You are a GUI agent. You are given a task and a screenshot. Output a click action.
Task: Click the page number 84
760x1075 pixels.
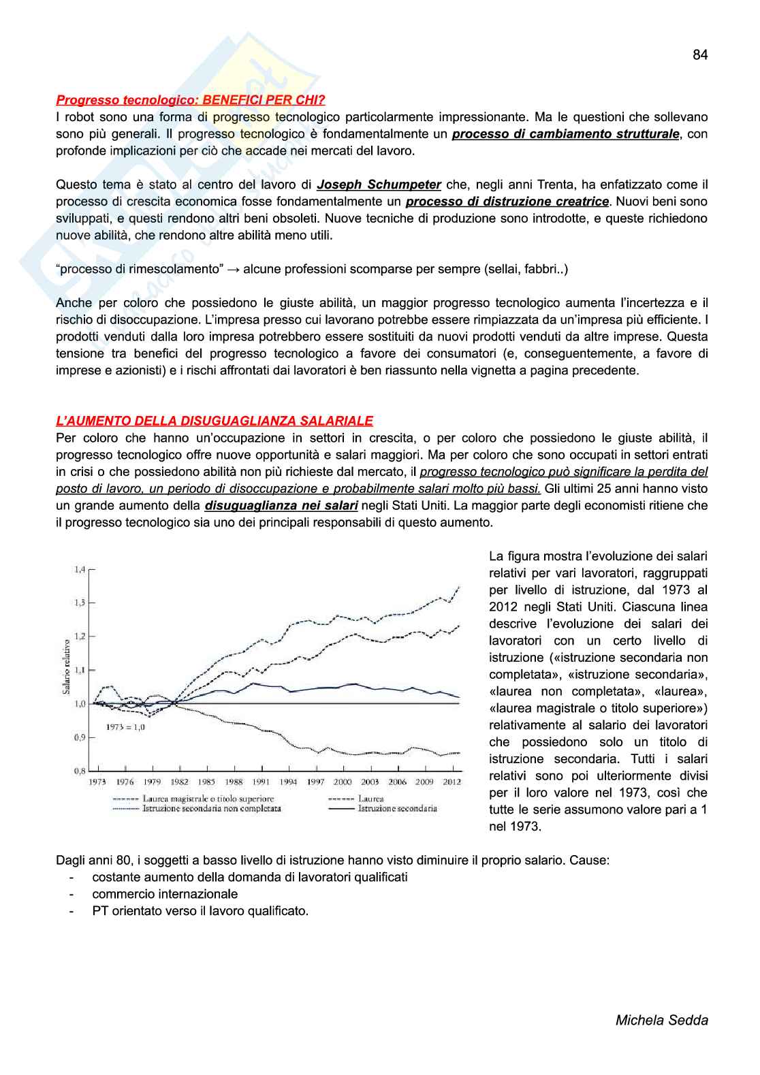click(700, 55)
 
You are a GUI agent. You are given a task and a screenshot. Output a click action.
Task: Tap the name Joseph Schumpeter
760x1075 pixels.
click(379, 184)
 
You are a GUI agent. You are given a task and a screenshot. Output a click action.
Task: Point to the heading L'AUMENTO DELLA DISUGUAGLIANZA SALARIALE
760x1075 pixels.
click(215, 421)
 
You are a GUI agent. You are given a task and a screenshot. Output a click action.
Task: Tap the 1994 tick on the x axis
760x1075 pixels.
click(289, 782)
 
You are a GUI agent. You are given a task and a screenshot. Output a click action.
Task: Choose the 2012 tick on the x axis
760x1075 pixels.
click(452, 782)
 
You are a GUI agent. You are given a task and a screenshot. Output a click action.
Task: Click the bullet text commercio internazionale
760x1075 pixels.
click(165, 894)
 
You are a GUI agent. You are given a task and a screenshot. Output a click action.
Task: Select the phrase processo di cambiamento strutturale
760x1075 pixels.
click(566, 134)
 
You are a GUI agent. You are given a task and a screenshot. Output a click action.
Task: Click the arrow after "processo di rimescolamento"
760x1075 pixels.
click(233, 269)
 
